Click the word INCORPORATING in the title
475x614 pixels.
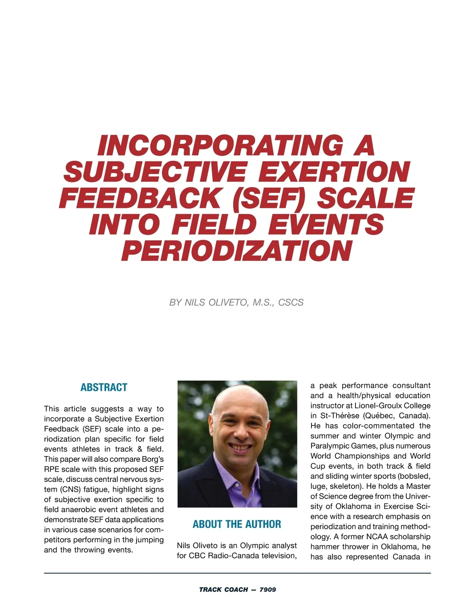coord(220,145)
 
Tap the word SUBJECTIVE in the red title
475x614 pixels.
coord(155,172)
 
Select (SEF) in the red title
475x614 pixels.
coord(269,198)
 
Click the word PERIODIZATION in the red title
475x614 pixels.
coord(236,250)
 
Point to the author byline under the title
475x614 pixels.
coord(236,302)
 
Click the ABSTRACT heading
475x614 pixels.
coord(104,387)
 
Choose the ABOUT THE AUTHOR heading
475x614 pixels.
coord(237,524)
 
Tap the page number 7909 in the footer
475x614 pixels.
coord(268,589)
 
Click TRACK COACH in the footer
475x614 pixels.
coord(223,589)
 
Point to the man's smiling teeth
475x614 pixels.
coord(241,447)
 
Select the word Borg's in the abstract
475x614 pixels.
coord(152,459)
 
